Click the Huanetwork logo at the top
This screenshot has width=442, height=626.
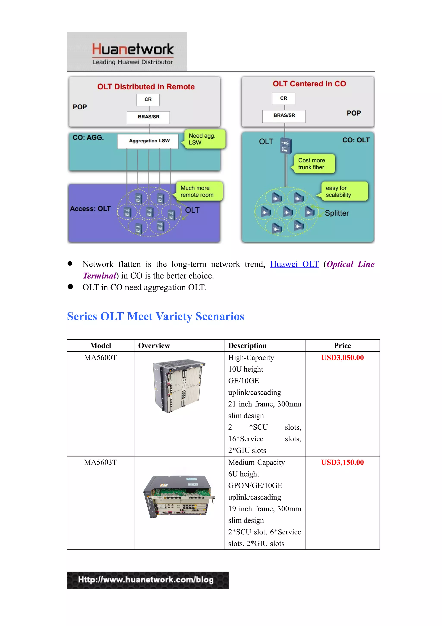(127, 51)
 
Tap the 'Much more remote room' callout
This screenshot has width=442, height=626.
(199, 191)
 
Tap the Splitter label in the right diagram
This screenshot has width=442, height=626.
(337, 213)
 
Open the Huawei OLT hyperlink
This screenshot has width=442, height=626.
(294, 264)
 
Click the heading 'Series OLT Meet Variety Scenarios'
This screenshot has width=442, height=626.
(156, 316)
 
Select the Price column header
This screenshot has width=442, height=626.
(342, 346)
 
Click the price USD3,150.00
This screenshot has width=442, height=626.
(342, 462)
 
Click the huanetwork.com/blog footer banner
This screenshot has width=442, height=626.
(148, 580)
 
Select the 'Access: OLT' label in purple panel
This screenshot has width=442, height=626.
(90, 209)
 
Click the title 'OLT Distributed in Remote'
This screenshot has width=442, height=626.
(146, 87)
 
